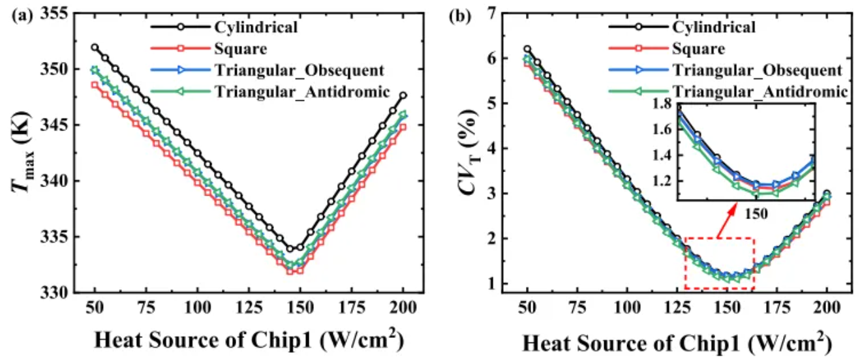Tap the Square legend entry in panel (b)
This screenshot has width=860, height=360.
699,48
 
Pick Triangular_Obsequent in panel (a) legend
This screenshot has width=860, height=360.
299,70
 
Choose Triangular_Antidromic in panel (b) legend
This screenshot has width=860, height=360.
758,91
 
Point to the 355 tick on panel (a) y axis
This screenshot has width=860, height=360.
59,14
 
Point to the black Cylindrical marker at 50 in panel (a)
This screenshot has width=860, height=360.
95,48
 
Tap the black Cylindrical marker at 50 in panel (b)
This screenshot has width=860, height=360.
527,49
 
